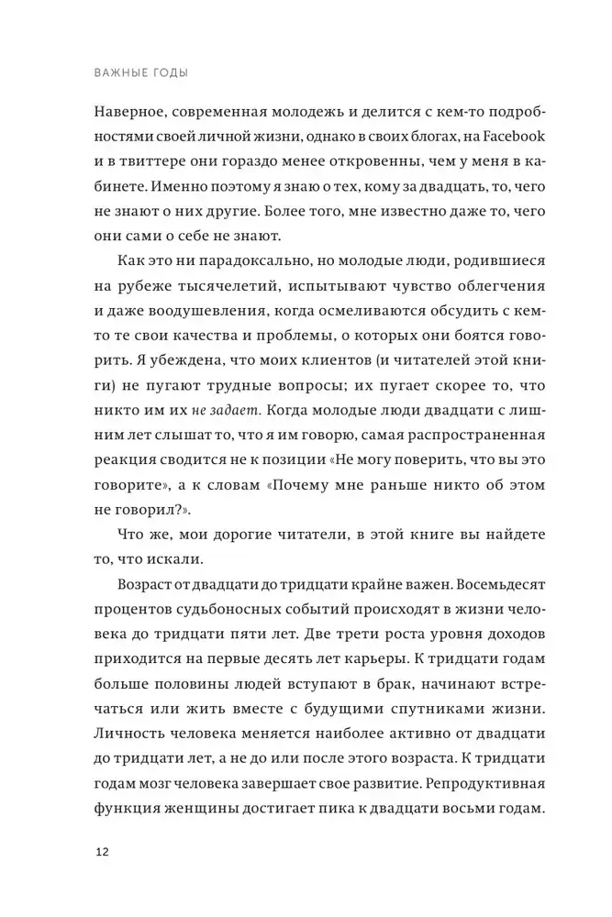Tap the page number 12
[102, 852]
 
